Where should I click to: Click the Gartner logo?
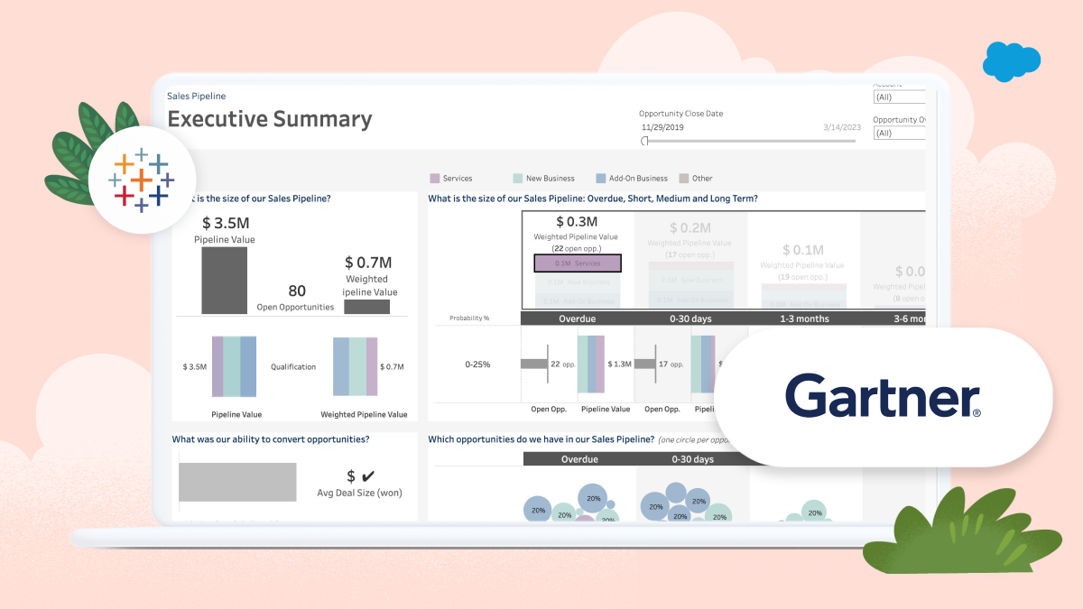tap(883, 398)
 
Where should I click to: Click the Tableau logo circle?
tap(143, 180)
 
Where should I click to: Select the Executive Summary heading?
tap(270, 119)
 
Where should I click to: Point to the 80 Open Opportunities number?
tap(296, 291)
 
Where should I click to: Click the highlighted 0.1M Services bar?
tap(578, 263)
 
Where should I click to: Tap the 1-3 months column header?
tap(804, 318)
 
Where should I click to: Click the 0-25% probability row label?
tap(477, 364)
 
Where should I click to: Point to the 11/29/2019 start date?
tap(662, 127)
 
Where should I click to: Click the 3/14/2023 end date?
tap(842, 127)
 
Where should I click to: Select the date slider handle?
tap(644, 141)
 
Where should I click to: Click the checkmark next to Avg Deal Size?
tap(367, 475)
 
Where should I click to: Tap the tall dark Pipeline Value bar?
tap(224, 281)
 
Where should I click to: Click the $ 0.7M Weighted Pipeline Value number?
tap(368, 263)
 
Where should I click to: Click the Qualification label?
tap(293, 367)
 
